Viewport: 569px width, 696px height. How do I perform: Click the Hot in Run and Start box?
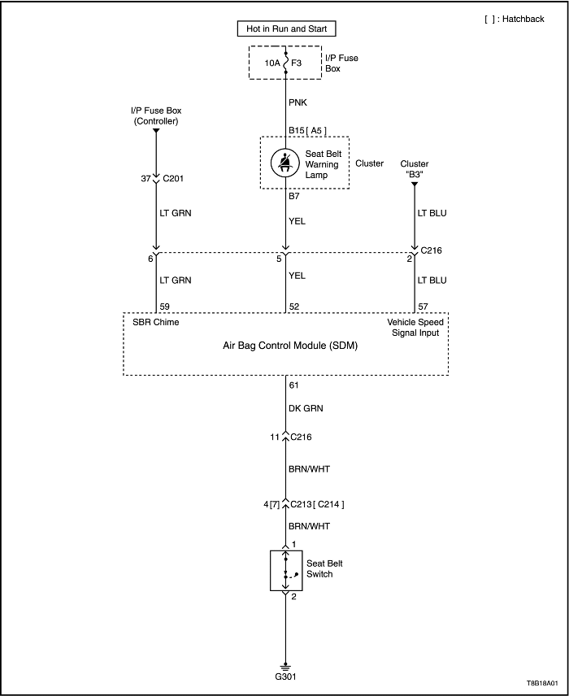coord(285,29)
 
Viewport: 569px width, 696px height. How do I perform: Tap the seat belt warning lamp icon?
coord(285,163)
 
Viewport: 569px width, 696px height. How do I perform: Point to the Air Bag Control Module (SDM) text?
coord(285,346)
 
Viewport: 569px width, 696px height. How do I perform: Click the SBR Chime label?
coord(156,322)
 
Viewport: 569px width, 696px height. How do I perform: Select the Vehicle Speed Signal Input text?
coord(413,327)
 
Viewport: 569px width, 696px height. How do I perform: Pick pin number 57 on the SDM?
coord(423,306)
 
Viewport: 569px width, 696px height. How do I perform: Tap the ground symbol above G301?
coord(285,663)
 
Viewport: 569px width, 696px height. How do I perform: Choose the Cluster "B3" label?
coord(415,170)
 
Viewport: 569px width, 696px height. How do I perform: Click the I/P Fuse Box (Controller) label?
coord(154,115)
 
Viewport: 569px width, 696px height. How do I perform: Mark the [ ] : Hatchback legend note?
coord(514,20)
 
